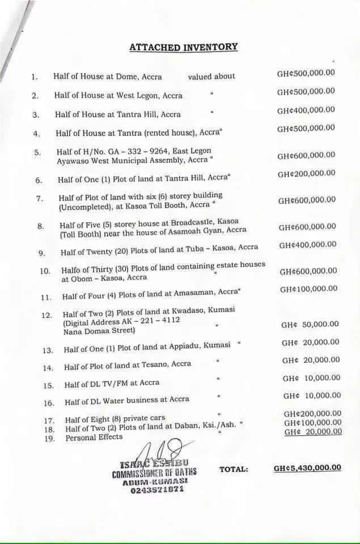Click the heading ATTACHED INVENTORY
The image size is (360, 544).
183,47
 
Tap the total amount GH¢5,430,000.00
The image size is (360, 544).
307,468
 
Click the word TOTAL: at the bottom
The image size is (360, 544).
234,469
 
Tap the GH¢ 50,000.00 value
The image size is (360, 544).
310,325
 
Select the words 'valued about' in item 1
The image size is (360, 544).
211,76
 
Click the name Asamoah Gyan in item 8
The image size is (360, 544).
198,230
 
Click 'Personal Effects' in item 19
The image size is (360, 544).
94,437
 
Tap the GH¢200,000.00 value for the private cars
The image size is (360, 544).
312,414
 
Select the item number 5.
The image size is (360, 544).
37,152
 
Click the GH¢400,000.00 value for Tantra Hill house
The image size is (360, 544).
306,110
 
